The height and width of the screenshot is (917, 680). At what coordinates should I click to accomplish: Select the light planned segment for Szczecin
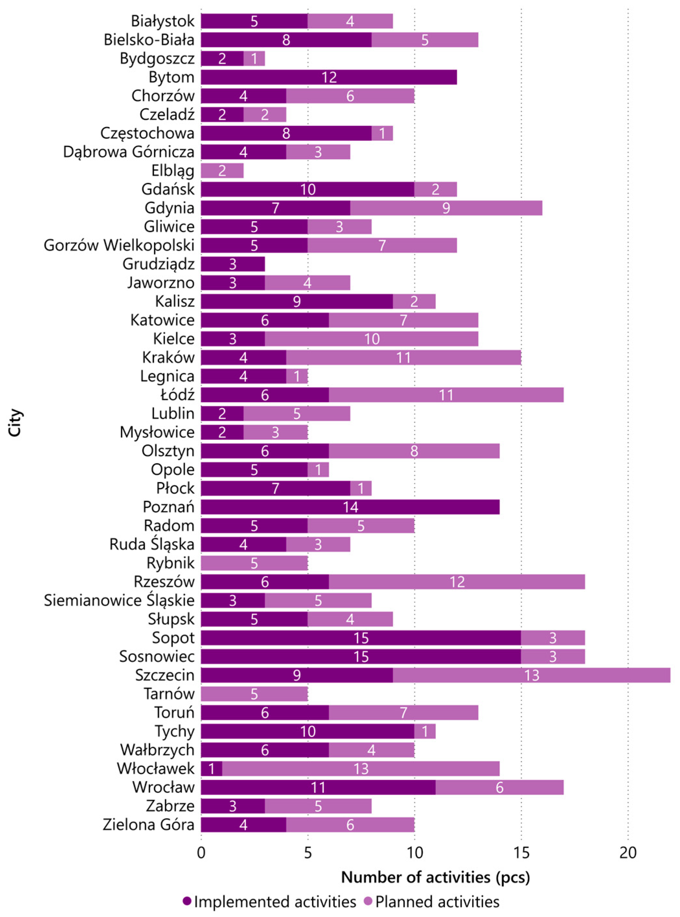coord(531,675)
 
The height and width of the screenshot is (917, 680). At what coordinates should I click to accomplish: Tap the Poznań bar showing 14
coord(350,507)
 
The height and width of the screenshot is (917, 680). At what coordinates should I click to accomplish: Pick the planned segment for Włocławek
coord(361,769)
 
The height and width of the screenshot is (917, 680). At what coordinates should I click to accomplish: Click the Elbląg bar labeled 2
coord(222,170)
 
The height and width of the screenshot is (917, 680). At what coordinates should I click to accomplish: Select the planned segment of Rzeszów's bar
coord(457,582)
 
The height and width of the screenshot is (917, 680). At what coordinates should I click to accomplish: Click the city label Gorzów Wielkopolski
coord(119,245)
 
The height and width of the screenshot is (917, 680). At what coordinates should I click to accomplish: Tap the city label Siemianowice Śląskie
coord(119,600)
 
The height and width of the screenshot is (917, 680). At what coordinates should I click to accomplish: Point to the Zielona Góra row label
coord(148,825)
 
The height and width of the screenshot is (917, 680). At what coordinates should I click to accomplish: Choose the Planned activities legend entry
coord(436,902)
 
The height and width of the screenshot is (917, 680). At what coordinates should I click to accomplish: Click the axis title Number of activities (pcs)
coord(435,877)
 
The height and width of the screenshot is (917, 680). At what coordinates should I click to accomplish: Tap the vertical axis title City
coord(15,423)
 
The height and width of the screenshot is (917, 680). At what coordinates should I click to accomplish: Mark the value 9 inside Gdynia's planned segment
coord(446,208)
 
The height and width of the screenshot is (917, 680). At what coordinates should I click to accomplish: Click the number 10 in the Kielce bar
coord(371,339)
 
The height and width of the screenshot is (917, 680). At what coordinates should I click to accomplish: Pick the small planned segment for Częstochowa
coord(382,133)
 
